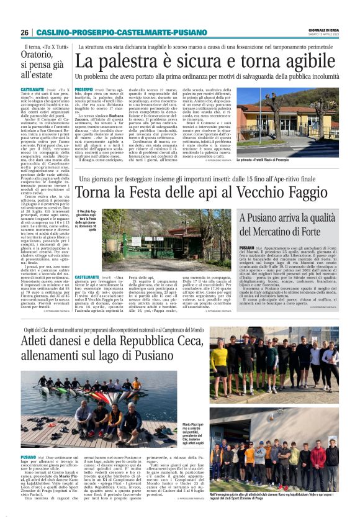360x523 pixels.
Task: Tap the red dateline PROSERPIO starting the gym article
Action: pos(87,90)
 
